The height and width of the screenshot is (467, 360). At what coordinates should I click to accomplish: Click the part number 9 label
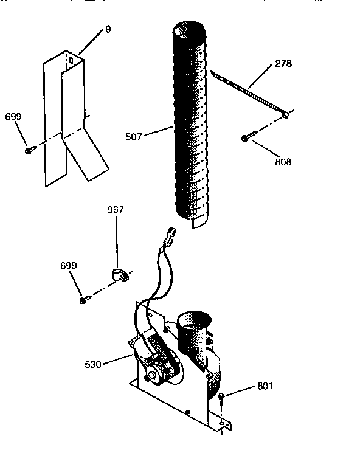[x=108, y=29]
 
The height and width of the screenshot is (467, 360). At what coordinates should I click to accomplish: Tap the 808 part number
[x=283, y=162]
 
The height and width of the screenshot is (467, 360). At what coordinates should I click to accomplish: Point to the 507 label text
[x=134, y=137]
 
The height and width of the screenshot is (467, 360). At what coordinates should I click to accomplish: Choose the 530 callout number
[x=94, y=365]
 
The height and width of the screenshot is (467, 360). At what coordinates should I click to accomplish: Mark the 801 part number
[x=265, y=385]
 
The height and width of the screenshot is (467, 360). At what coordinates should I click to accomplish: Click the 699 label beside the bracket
[x=13, y=116]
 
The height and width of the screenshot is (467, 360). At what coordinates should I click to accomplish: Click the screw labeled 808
[x=246, y=138]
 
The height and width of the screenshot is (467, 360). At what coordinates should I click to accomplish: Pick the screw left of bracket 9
[x=29, y=150]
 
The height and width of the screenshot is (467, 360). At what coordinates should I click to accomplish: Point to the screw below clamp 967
[x=83, y=300]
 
